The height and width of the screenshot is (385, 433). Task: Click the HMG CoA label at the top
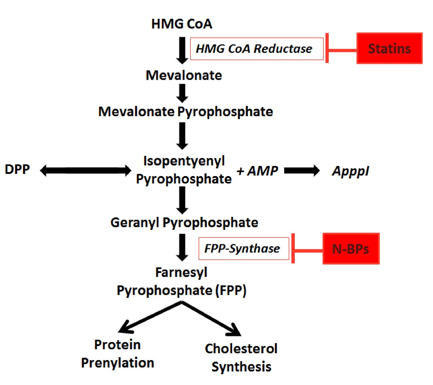(181, 24)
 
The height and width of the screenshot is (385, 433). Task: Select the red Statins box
(389, 48)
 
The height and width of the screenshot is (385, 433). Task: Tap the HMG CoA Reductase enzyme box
(257, 49)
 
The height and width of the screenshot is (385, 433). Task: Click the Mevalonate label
(184, 75)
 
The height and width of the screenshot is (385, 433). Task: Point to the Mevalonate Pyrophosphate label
(185, 111)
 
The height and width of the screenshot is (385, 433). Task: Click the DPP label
(17, 169)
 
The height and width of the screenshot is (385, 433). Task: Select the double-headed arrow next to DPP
(86, 170)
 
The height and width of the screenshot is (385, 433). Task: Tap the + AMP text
(257, 171)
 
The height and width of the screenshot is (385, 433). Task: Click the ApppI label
(350, 171)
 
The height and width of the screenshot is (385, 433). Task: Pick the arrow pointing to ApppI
(302, 170)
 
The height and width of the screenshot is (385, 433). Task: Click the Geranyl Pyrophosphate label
(184, 222)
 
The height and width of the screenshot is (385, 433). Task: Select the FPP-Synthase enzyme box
(244, 249)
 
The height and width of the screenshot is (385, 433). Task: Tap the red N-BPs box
(351, 249)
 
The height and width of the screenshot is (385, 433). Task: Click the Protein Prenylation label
(117, 354)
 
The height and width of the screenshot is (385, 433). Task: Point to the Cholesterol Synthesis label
(241, 358)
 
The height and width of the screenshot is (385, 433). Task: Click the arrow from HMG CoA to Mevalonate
(182, 50)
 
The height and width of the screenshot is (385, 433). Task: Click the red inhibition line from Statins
(341, 49)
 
